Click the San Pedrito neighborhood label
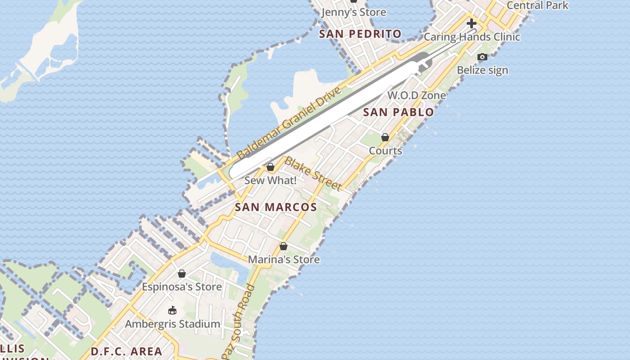(x=360, y=34)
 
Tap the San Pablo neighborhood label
(x=398, y=112)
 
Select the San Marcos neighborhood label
(x=276, y=207)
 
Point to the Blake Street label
(x=313, y=174)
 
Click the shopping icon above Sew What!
(x=270, y=167)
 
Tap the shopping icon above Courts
(x=385, y=137)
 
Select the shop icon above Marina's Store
(x=283, y=246)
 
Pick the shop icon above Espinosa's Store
(x=182, y=274)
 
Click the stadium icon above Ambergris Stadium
(x=172, y=310)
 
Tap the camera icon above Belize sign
(x=482, y=57)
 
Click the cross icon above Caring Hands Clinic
(x=472, y=23)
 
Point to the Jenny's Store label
(x=354, y=12)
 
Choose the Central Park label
(x=537, y=5)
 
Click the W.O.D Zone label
(x=417, y=95)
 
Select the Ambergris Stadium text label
(x=173, y=324)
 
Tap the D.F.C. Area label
(x=126, y=351)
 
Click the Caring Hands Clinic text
(x=472, y=37)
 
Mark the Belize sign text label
(x=482, y=70)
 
